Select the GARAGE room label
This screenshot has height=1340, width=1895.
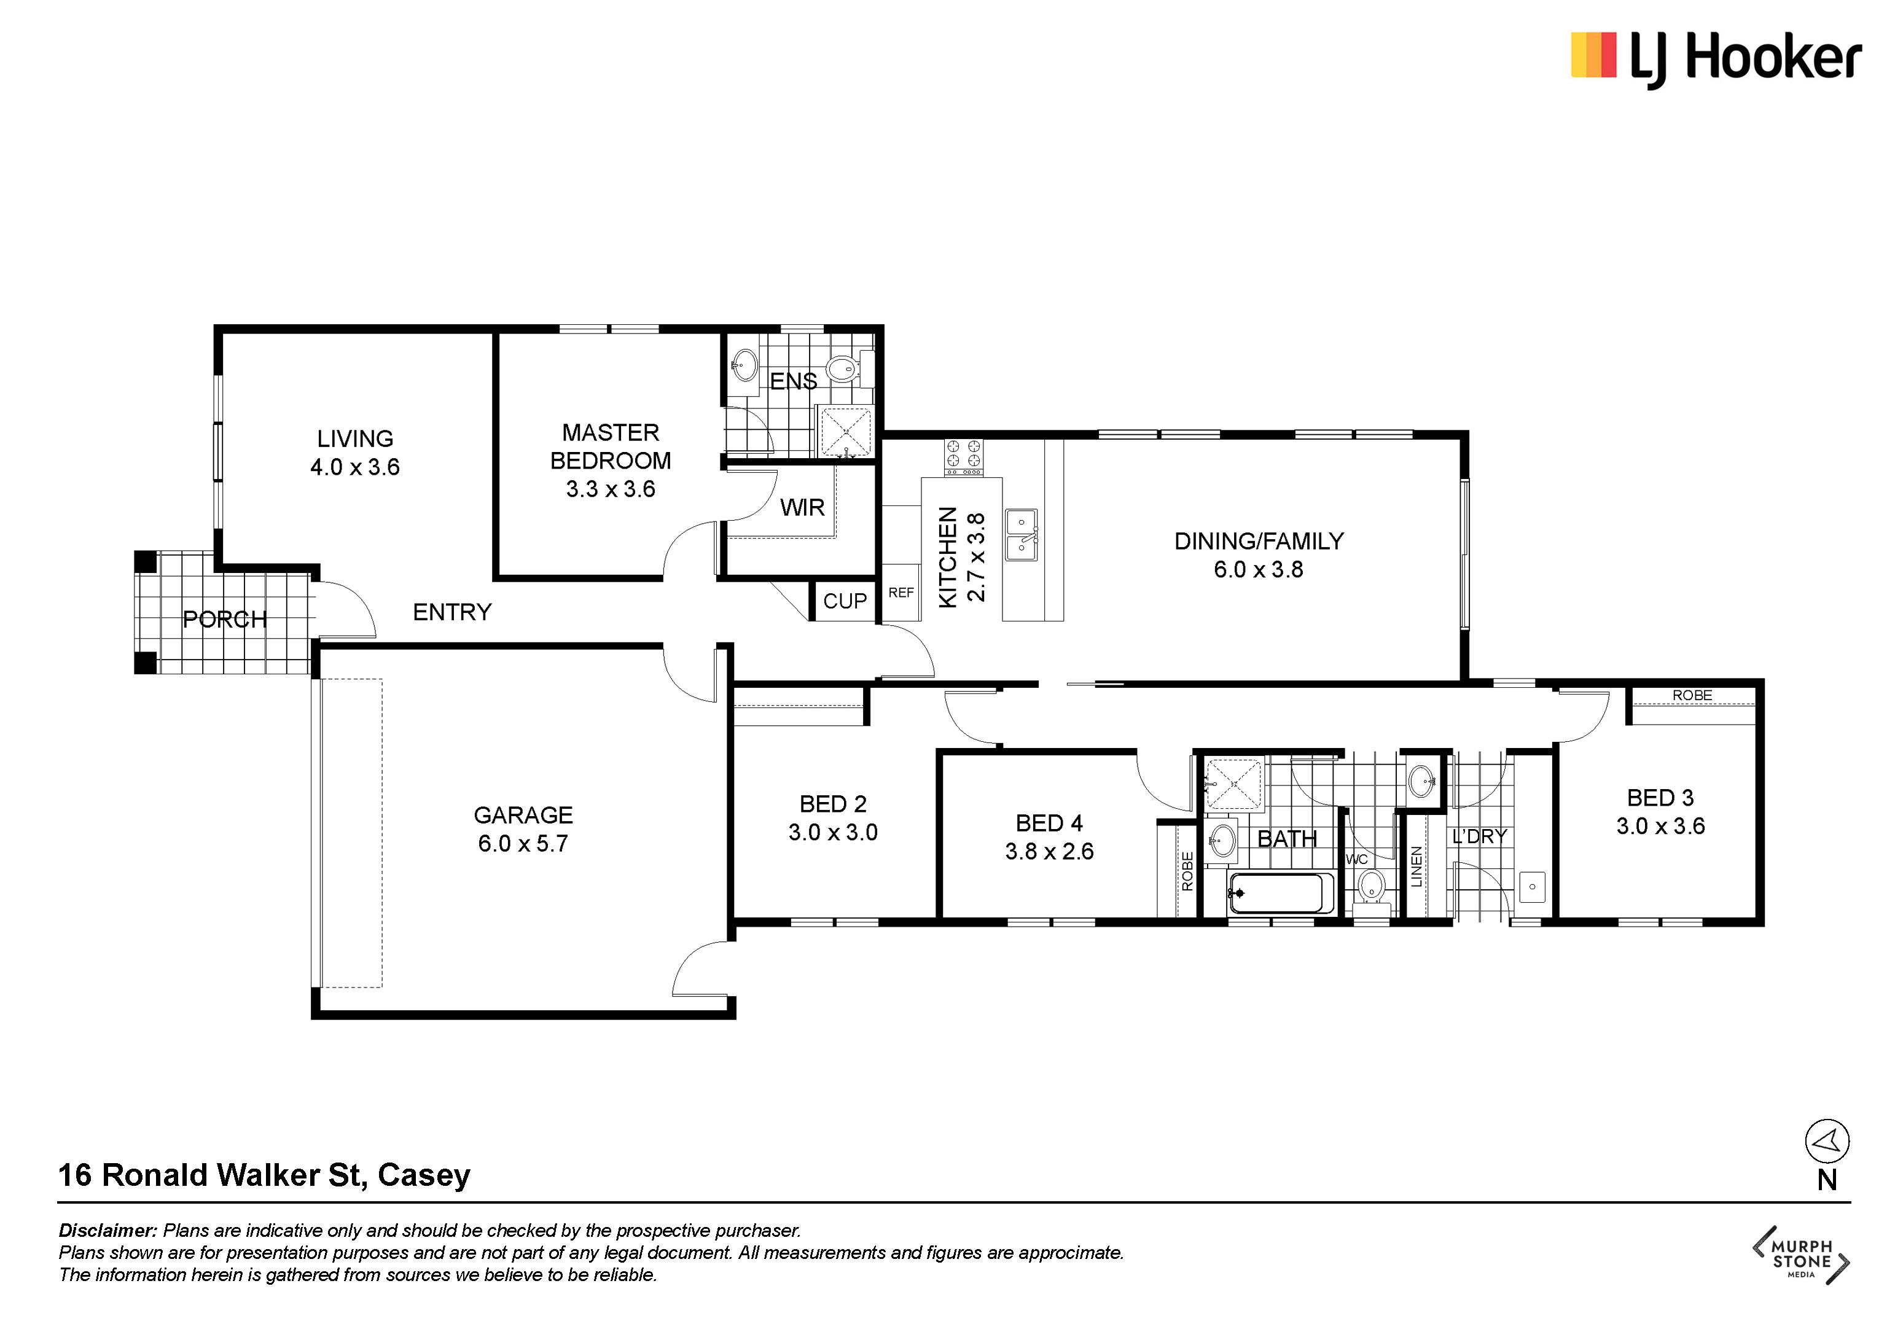coord(523,815)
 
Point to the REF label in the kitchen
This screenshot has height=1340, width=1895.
coord(901,593)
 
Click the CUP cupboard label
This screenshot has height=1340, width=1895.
coord(845,601)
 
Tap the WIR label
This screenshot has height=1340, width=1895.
coord(802,507)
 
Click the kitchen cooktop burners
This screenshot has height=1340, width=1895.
coord(963,456)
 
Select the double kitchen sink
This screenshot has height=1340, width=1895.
coord(1021,535)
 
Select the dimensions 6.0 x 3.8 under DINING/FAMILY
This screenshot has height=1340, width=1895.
coord(1259,569)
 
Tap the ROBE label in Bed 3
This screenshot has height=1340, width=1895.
coord(1692,696)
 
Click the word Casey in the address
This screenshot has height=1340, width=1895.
coord(424,1175)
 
